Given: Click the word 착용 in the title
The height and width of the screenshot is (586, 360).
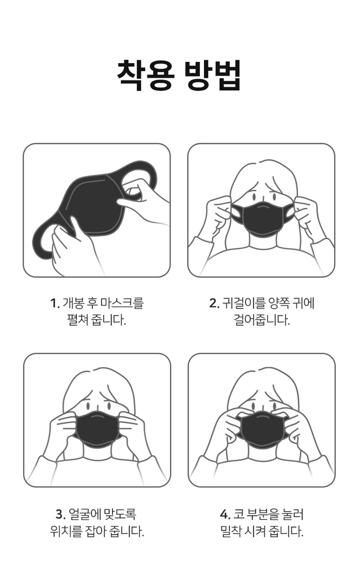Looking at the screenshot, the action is pyautogui.click(x=145, y=75).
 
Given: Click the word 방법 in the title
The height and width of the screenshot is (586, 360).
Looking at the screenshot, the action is pyautogui.click(x=212, y=75).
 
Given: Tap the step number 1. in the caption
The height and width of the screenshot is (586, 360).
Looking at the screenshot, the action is pyautogui.click(x=55, y=303).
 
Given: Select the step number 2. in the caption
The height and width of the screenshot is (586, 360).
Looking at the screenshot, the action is pyautogui.click(x=214, y=303).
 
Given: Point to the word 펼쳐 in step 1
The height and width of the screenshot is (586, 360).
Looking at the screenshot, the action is pyautogui.click(x=77, y=320).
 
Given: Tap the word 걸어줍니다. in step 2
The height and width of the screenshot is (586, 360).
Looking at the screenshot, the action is pyautogui.click(x=262, y=320).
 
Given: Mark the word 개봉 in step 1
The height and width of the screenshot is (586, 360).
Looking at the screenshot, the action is pyautogui.click(x=73, y=303).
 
